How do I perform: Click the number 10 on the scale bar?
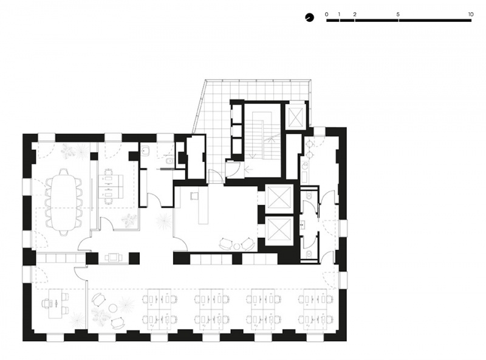pyautogui.click(x=471, y=14)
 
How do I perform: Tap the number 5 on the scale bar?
pyautogui.click(x=398, y=14)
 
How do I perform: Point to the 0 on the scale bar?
pyautogui.click(x=326, y=14)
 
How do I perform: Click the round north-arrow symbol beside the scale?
pyautogui.click(x=309, y=18)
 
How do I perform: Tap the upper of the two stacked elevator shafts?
pyautogui.click(x=280, y=198)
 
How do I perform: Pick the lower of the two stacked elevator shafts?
pyautogui.click(x=280, y=229)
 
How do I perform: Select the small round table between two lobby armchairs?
pyautogui.click(x=237, y=246)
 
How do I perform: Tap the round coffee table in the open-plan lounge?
pyautogui.click(x=112, y=308)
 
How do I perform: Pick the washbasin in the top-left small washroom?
pyautogui.click(x=145, y=151)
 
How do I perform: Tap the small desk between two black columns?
pyautogui.click(x=114, y=257)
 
